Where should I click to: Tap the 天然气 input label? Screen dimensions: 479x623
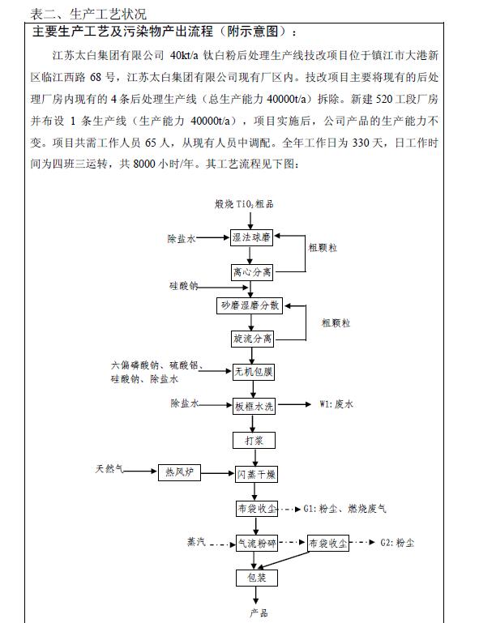(108, 470)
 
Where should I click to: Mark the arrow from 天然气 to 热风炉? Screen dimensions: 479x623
(140, 471)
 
